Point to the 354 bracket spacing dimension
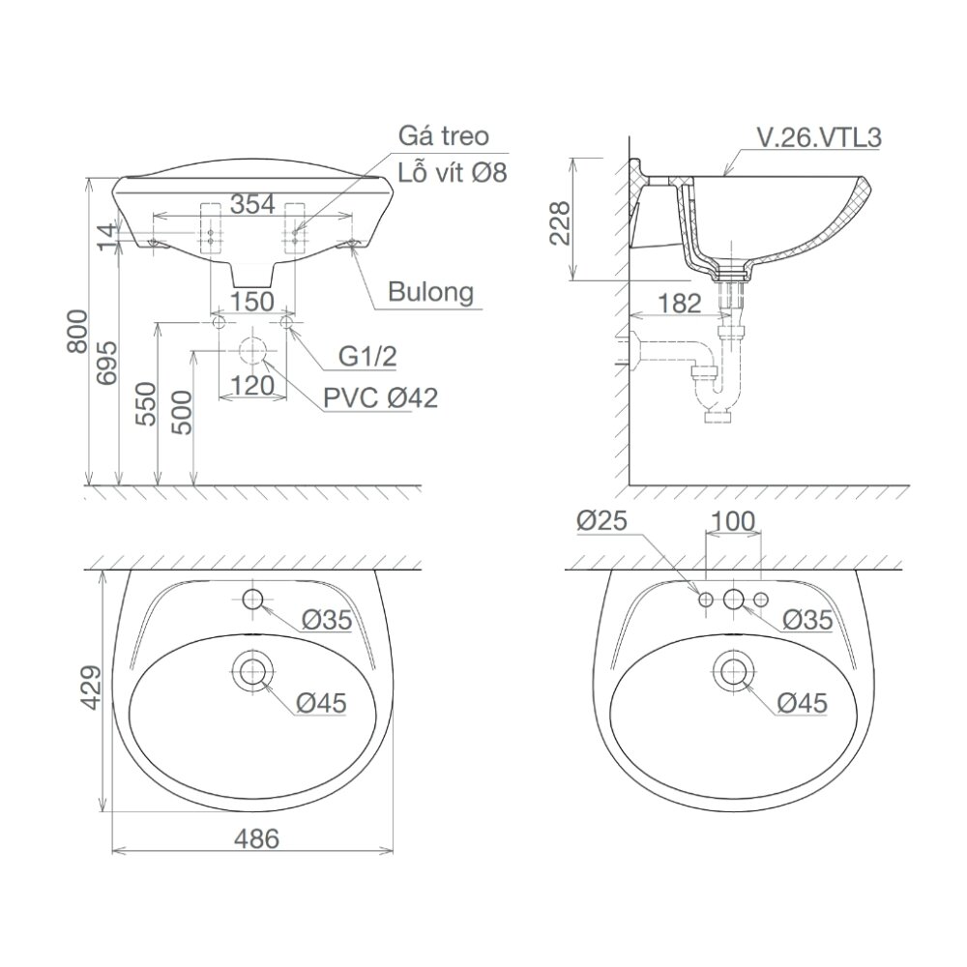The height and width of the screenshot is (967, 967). pyautogui.click(x=252, y=203)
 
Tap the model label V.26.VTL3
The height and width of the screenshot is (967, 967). pyautogui.click(x=818, y=137)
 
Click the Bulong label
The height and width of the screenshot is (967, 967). pyautogui.click(x=431, y=291)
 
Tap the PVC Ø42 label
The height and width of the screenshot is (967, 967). pyautogui.click(x=380, y=396)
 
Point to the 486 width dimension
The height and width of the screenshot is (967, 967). pyautogui.click(x=255, y=839)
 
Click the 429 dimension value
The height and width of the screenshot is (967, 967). pyautogui.click(x=89, y=689)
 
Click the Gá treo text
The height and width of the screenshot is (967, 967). pyautogui.click(x=444, y=135)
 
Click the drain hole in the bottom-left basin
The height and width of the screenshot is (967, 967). pyautogui.click(x=253, y=668)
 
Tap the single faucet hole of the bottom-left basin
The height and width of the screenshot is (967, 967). pyautogui.click(x=253, y=600)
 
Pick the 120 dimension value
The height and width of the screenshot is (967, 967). pyautogui.click(x=251, y=386)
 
